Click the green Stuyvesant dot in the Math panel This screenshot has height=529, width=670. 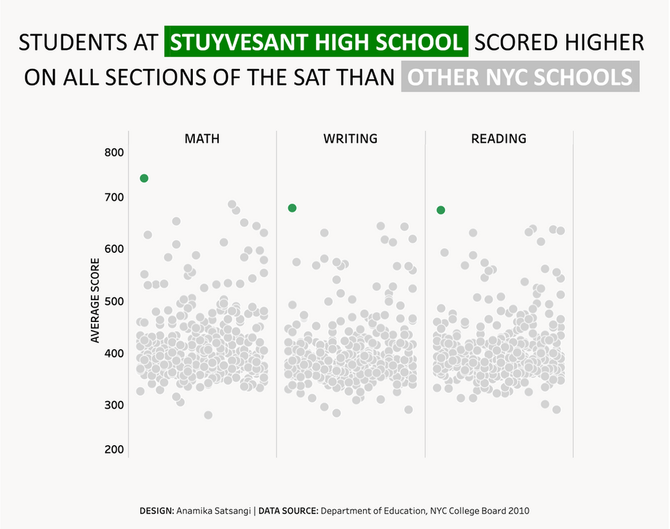[x=144, y=178]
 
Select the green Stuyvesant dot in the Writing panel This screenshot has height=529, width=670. [x=292, y=208]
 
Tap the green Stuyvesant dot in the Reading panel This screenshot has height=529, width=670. [x=441, y=210]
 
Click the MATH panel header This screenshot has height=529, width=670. [x=202, y=139]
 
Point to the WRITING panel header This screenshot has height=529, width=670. [x=350, y=139]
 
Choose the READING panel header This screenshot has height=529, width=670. [x=499, y=139]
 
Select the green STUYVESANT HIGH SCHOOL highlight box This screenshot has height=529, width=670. [x=316, y=42]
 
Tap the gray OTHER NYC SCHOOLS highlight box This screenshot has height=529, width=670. [x=520, y=77]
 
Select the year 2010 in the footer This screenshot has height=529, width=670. [x=518, y=511]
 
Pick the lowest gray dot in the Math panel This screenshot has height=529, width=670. [x=208, y=415]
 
